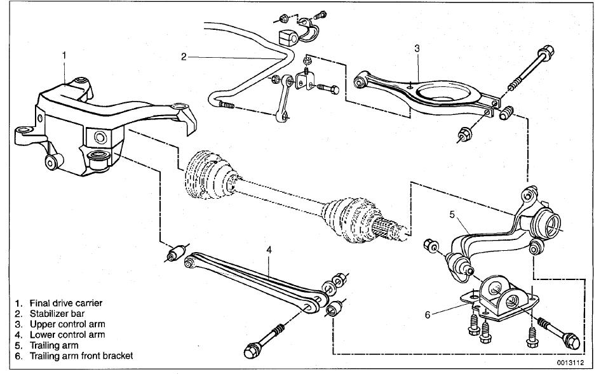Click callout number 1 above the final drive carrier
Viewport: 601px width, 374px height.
pyautogui.click(x=64, y=55)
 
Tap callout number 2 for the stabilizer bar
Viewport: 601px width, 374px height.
pyautogui.click(x=183, y=57)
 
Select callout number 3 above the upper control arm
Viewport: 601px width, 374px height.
pyautogui.click(x=416, y=48)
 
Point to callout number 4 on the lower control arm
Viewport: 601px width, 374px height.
pyautogui.click(x=269, y=250)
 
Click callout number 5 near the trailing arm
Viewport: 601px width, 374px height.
pyautogui.click(x=452, y=215)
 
